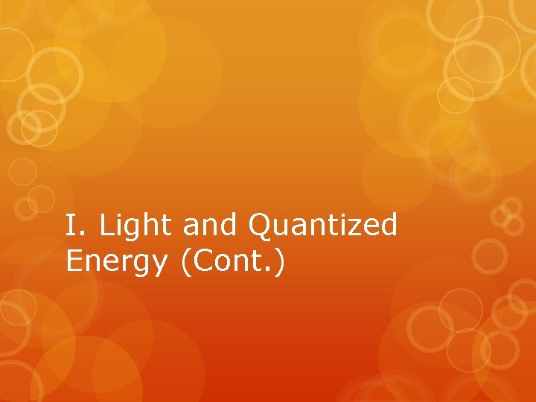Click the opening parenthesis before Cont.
click(185, 262)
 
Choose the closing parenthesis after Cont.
click(278, 262)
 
